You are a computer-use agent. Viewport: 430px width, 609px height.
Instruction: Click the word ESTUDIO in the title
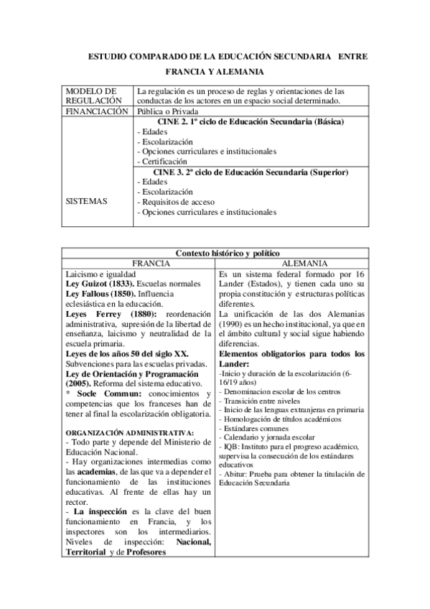click(108, 55)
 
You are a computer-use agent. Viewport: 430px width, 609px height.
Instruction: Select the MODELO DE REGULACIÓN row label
click(91, 96)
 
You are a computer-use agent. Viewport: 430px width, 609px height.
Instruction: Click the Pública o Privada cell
click(167, 111)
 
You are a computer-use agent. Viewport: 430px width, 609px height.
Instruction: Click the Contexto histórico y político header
click(215, 253)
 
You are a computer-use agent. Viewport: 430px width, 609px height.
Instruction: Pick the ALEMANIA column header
click(291, 263)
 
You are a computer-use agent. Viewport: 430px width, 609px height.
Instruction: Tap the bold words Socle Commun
click(102, 394)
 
